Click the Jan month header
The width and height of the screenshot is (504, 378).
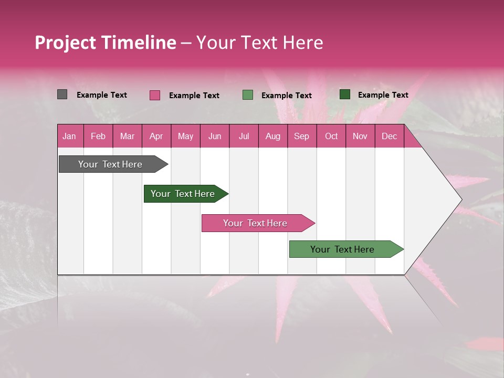(x=69, y=136)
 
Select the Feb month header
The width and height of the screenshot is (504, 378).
(x=98, y=136)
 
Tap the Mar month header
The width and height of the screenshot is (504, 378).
(x=127, y=136)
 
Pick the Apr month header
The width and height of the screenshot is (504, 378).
(x=156, y=136)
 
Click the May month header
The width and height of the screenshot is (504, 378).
(x=185, y=136)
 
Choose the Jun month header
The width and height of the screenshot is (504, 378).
(x=215, y=136)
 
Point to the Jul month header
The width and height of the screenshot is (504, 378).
(x=244, y=136)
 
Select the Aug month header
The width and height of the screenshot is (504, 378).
(x=272, y=136)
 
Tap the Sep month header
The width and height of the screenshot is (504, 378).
(x=301, y=136)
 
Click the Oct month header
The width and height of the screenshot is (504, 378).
(x=331, y=136)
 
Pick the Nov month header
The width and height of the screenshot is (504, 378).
(x=360, y=136)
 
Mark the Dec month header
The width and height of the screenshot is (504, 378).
(x=389, y=136)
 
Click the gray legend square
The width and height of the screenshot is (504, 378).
(x=62, y=94)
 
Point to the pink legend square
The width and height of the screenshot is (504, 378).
(x=155, y=95)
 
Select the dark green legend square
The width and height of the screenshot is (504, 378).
(x=345, y=94)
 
